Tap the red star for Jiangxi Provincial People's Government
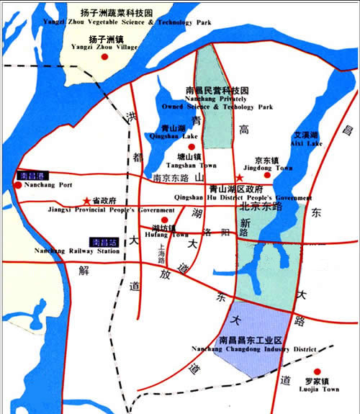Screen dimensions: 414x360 pyautogui.click(x=86, y=200)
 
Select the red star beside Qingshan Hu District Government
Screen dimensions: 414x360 pyautogui.click(x=240, y=177)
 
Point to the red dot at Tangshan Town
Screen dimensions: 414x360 pyautogui.click(x=192, y=147)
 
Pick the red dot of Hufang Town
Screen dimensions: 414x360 pyautogui.click(x=164, y=220)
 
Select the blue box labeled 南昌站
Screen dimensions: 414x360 pyautogui.click(x=104, y=242)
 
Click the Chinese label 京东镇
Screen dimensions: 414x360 pyautogui.click(x=268, y=160)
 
